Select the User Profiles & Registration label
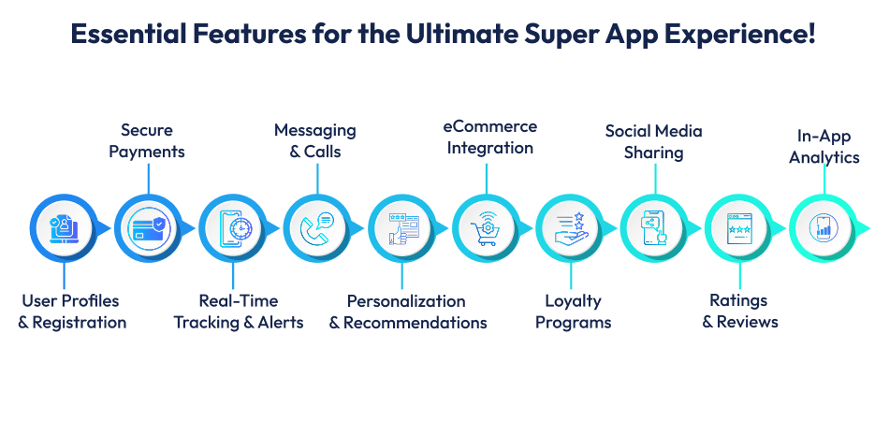tap(72, 312)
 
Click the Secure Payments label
tap(147, 140)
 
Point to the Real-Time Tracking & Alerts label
tap(239, 312)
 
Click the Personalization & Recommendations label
tap(407, 312)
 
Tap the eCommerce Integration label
tap(488, 137)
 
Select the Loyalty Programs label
tap(574, 312)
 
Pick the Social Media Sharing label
tap(653, 141)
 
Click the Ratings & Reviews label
tap(738, 312)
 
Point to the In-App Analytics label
tap(823, 146)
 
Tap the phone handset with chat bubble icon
tap(316, 227)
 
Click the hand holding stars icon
tap(569, 227)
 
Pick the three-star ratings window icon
tap(739, 227)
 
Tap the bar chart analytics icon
tap(823, 227)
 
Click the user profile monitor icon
tap(63, 227)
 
